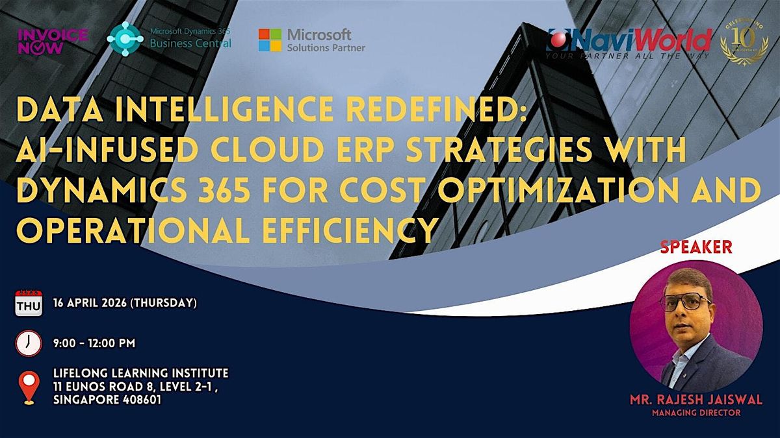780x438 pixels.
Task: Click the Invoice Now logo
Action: (53, 41)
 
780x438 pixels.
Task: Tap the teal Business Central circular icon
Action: (125, 39)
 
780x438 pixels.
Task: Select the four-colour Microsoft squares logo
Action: (270, 40)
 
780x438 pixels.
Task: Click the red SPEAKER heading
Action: (696, 247)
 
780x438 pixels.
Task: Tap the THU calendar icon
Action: (29, 303)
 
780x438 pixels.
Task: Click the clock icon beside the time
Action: (29, 343)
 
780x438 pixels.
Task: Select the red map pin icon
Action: (29, 387)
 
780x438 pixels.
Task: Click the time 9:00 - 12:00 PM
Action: (94, 343)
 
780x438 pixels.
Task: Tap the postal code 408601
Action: (142, 400)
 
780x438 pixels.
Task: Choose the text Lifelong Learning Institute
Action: (140, 373)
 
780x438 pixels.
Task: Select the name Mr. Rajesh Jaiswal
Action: (696, 400)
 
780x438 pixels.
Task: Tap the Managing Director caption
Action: (696, 413)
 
